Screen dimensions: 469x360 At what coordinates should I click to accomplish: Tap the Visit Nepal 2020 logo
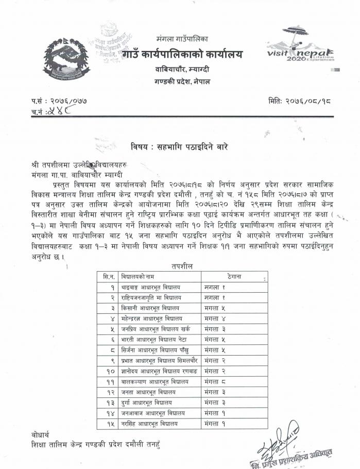point(301,47)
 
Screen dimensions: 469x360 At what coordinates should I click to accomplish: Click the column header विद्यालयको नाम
point(139,276)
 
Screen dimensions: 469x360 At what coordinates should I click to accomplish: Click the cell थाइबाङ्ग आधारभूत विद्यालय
point(154,287)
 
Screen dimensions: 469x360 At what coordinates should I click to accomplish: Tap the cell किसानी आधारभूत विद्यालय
point(150,308)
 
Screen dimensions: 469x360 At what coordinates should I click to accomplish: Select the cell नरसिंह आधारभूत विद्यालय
point(150,424)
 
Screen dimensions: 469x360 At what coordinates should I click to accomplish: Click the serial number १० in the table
point(108,372)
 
